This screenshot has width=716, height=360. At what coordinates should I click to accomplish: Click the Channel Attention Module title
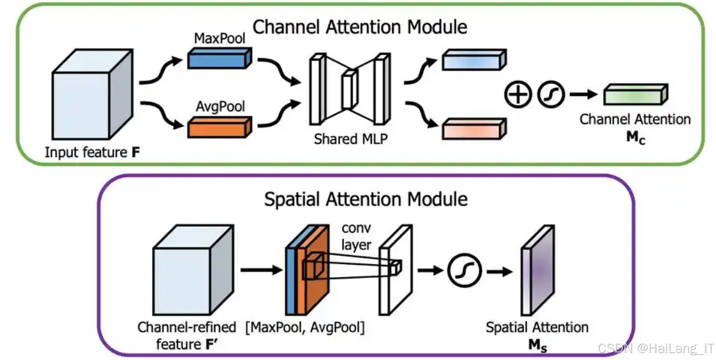point(360,27)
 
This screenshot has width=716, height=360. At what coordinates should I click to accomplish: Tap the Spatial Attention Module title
point(366,199)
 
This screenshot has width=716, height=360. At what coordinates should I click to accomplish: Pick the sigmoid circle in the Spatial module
point(464,271)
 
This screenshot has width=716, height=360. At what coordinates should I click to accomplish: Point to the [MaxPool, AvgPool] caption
point(305,327)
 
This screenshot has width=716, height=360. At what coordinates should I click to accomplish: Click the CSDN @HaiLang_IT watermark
point(655,348)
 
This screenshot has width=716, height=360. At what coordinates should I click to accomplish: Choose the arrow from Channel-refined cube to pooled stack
point(261,271)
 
